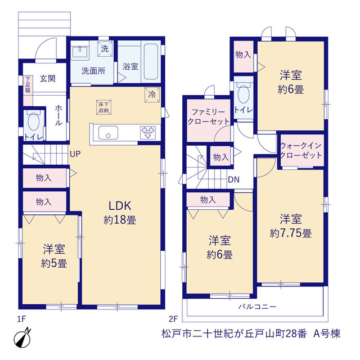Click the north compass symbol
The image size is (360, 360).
[x=22, y=339]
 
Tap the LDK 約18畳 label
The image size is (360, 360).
[x=120, y=213]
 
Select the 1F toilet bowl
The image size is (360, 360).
[x=34, y=121]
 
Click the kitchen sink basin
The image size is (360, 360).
[x=108, y=133]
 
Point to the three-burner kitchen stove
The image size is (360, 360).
[x=148, y=133]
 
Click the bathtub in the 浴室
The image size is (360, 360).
[x=151, y=61]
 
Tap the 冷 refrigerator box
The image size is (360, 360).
[x=152, y=94]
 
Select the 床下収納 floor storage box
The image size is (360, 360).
[x=103, y=107]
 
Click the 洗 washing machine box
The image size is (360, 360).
[x=105, y=49]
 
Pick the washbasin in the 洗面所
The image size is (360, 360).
[x=79, y=52]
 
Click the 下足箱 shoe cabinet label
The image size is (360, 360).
[x=28, y=84]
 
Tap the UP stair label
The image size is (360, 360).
[x=75, y=154]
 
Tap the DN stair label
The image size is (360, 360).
[x=234, y=179]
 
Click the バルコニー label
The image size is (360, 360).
[x=257, y=307]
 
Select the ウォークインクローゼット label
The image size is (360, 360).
[x=301, y=150]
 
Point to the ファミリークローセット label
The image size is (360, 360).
[x=208, y=117]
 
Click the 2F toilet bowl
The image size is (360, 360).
[x=244, y=94]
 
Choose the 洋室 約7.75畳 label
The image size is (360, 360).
[x=291, y=226]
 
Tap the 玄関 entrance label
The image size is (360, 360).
[x=48, y=79]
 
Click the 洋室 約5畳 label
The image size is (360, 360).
[x=54, y=256]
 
